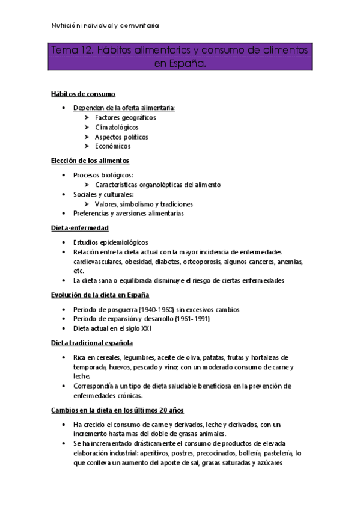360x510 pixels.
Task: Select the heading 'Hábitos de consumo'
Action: tap(83, 94)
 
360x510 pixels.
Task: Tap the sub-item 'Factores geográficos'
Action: tap(126, 117)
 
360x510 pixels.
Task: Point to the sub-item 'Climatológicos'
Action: tap(117, 127)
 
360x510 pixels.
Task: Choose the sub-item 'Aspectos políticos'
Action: tap(121, 137)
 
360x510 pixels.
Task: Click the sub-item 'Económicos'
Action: tap(112, 146)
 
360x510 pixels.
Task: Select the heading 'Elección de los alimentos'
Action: tap(90, 161)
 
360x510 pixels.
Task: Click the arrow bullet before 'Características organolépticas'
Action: tap(88, 185)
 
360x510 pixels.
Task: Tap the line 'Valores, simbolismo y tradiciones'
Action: tap(144, 204)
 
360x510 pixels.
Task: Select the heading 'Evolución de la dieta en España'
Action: tap(99, 295)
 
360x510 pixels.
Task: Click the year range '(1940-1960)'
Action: tap(147, 310)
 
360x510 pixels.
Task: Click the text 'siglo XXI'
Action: tap(139, 329)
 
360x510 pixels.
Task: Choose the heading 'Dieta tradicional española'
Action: tap(91, 343)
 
